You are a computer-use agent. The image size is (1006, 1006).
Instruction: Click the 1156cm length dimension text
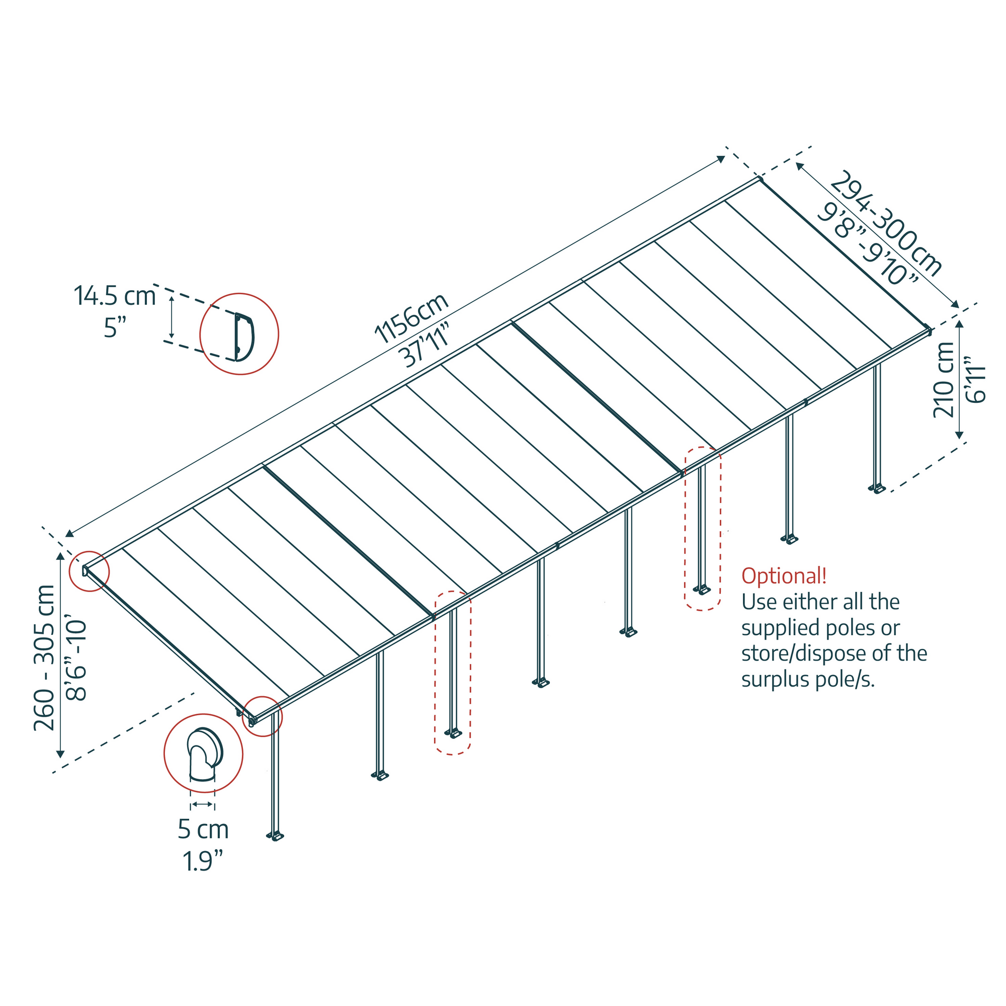[411, 319]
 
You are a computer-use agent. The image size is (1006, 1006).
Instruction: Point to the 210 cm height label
[944, 381]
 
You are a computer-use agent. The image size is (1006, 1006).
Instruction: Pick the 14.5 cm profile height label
[115, 296]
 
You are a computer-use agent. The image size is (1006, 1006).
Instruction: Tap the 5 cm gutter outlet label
[203, 829]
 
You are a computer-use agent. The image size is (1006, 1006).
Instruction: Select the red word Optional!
[784, 576]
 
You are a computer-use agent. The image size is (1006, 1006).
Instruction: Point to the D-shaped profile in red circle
[243, 337]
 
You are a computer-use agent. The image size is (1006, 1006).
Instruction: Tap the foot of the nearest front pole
[276, 837]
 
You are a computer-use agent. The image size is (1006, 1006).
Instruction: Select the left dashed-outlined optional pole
[453, 672]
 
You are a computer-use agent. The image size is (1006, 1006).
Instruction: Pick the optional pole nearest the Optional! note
[702, 529]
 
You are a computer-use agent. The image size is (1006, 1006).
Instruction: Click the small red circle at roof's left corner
[89, 571]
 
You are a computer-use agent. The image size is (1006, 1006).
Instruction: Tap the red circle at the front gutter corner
[263, 716]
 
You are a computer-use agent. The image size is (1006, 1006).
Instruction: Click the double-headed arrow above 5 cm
[202, 804]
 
